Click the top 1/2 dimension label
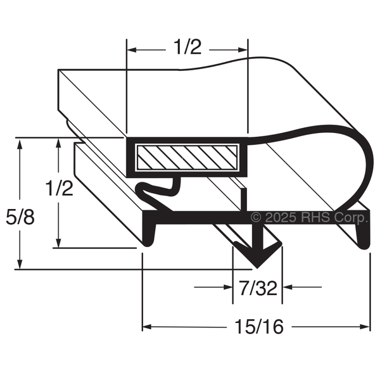coord(188,47)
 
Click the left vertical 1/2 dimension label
coord(60,188)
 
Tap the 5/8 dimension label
coord(20,217)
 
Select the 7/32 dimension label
coord(258,288)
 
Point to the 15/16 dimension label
coord(259,327)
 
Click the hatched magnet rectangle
coord(187,157)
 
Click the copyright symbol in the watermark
coord(256,217)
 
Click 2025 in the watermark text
coord(281,217)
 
